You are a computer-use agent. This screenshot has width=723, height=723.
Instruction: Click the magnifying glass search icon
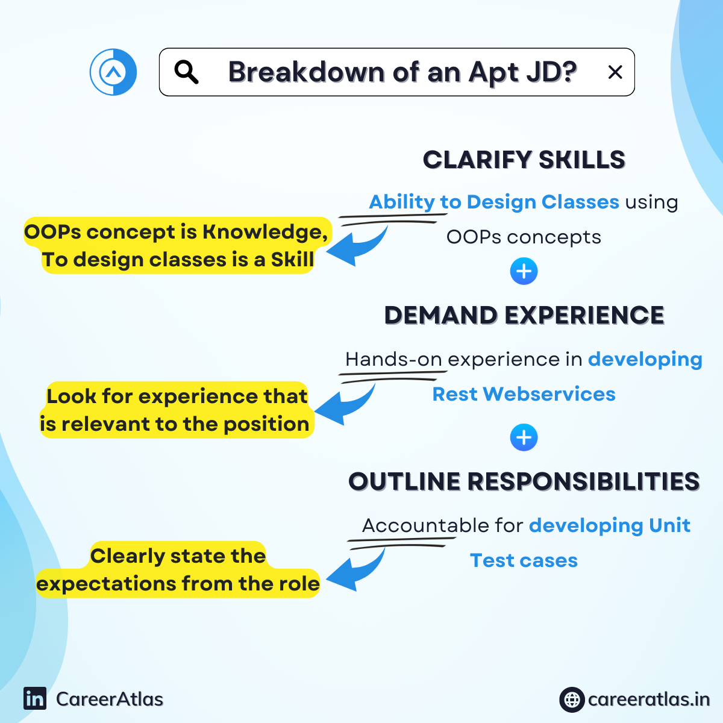point(186,72)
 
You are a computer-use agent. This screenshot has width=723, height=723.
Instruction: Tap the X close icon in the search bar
point(615,72)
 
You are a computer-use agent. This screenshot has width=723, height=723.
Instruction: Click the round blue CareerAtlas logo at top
point(113,72)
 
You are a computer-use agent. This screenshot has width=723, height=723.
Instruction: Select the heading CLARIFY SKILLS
point(524,160)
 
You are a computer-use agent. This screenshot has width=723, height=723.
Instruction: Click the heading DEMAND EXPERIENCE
point(524,315)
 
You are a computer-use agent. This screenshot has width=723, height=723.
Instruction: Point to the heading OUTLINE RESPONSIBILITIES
point(524,481)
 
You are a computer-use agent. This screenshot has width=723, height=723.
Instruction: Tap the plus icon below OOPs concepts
point(524,271)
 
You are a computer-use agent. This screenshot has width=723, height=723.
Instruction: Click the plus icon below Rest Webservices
point(524,437)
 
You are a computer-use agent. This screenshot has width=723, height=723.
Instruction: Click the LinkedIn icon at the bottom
point(35,699)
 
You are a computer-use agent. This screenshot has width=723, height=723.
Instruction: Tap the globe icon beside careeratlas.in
point(572,700)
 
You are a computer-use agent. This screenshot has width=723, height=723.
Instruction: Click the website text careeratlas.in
point(649,700)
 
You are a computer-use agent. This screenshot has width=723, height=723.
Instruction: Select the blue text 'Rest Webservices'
point(524,394)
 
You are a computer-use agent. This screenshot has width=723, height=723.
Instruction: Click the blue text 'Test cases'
point(524,560)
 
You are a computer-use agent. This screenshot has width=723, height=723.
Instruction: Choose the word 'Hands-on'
point(393,359)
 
